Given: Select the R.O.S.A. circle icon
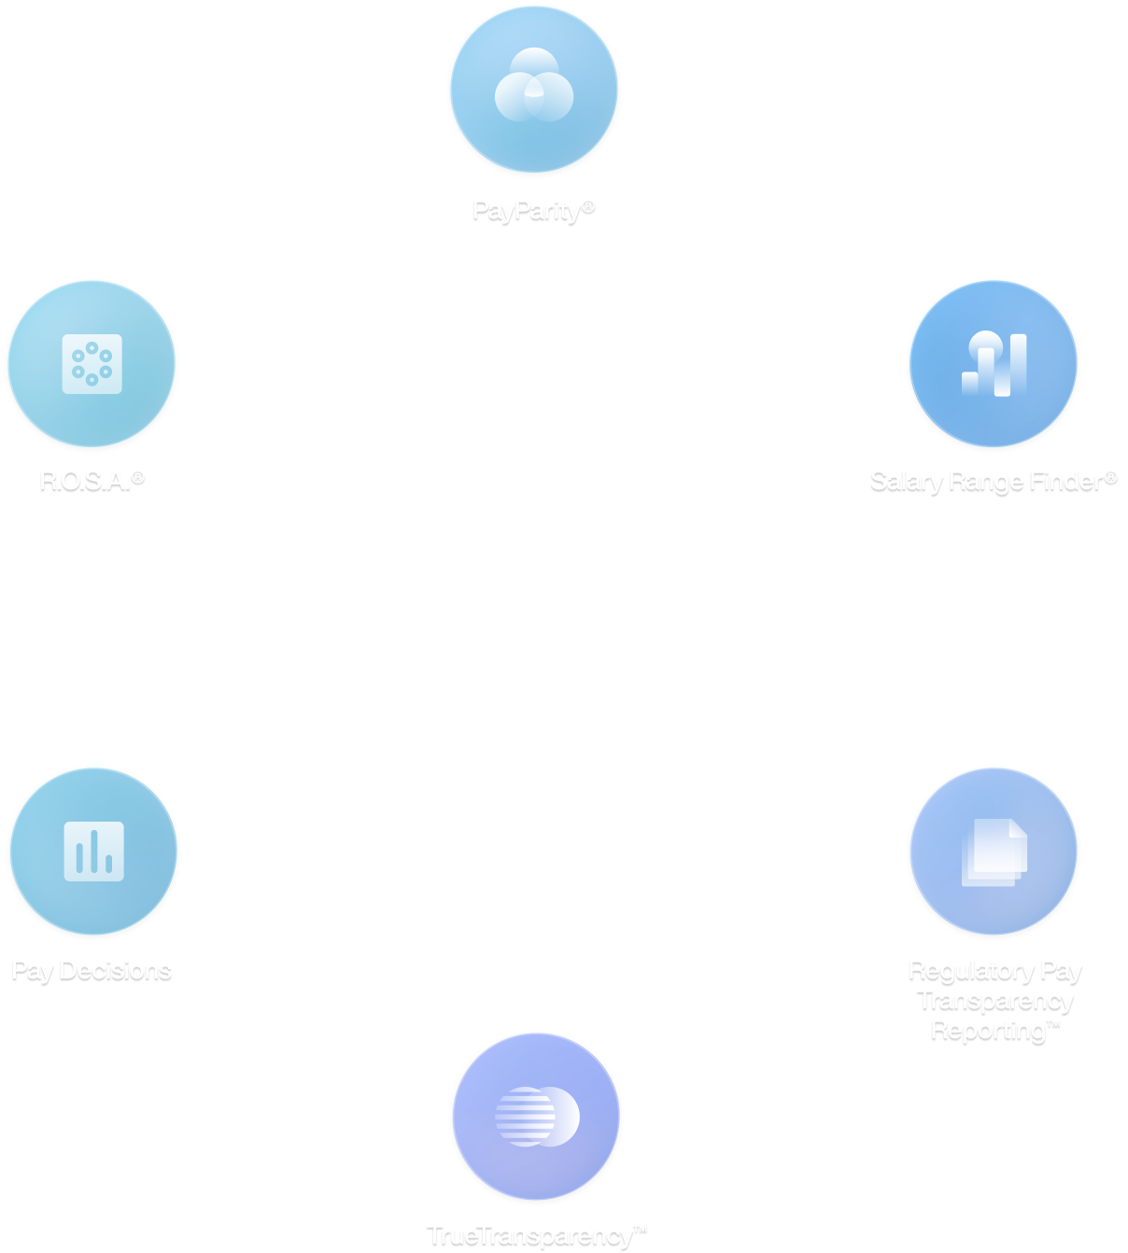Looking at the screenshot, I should click(x=92, y=362).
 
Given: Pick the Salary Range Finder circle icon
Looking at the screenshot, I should click(x=994, y=362).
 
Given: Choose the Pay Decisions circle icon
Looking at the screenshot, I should click(x=93, y=851).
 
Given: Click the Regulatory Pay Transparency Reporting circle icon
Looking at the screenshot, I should click(x=994, y=851).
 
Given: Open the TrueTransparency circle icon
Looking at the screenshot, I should click(x=536, y=1116).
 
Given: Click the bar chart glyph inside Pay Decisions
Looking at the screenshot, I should click(x=93, y=851).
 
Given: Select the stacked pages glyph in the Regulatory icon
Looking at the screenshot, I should click(x=994, y=851).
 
